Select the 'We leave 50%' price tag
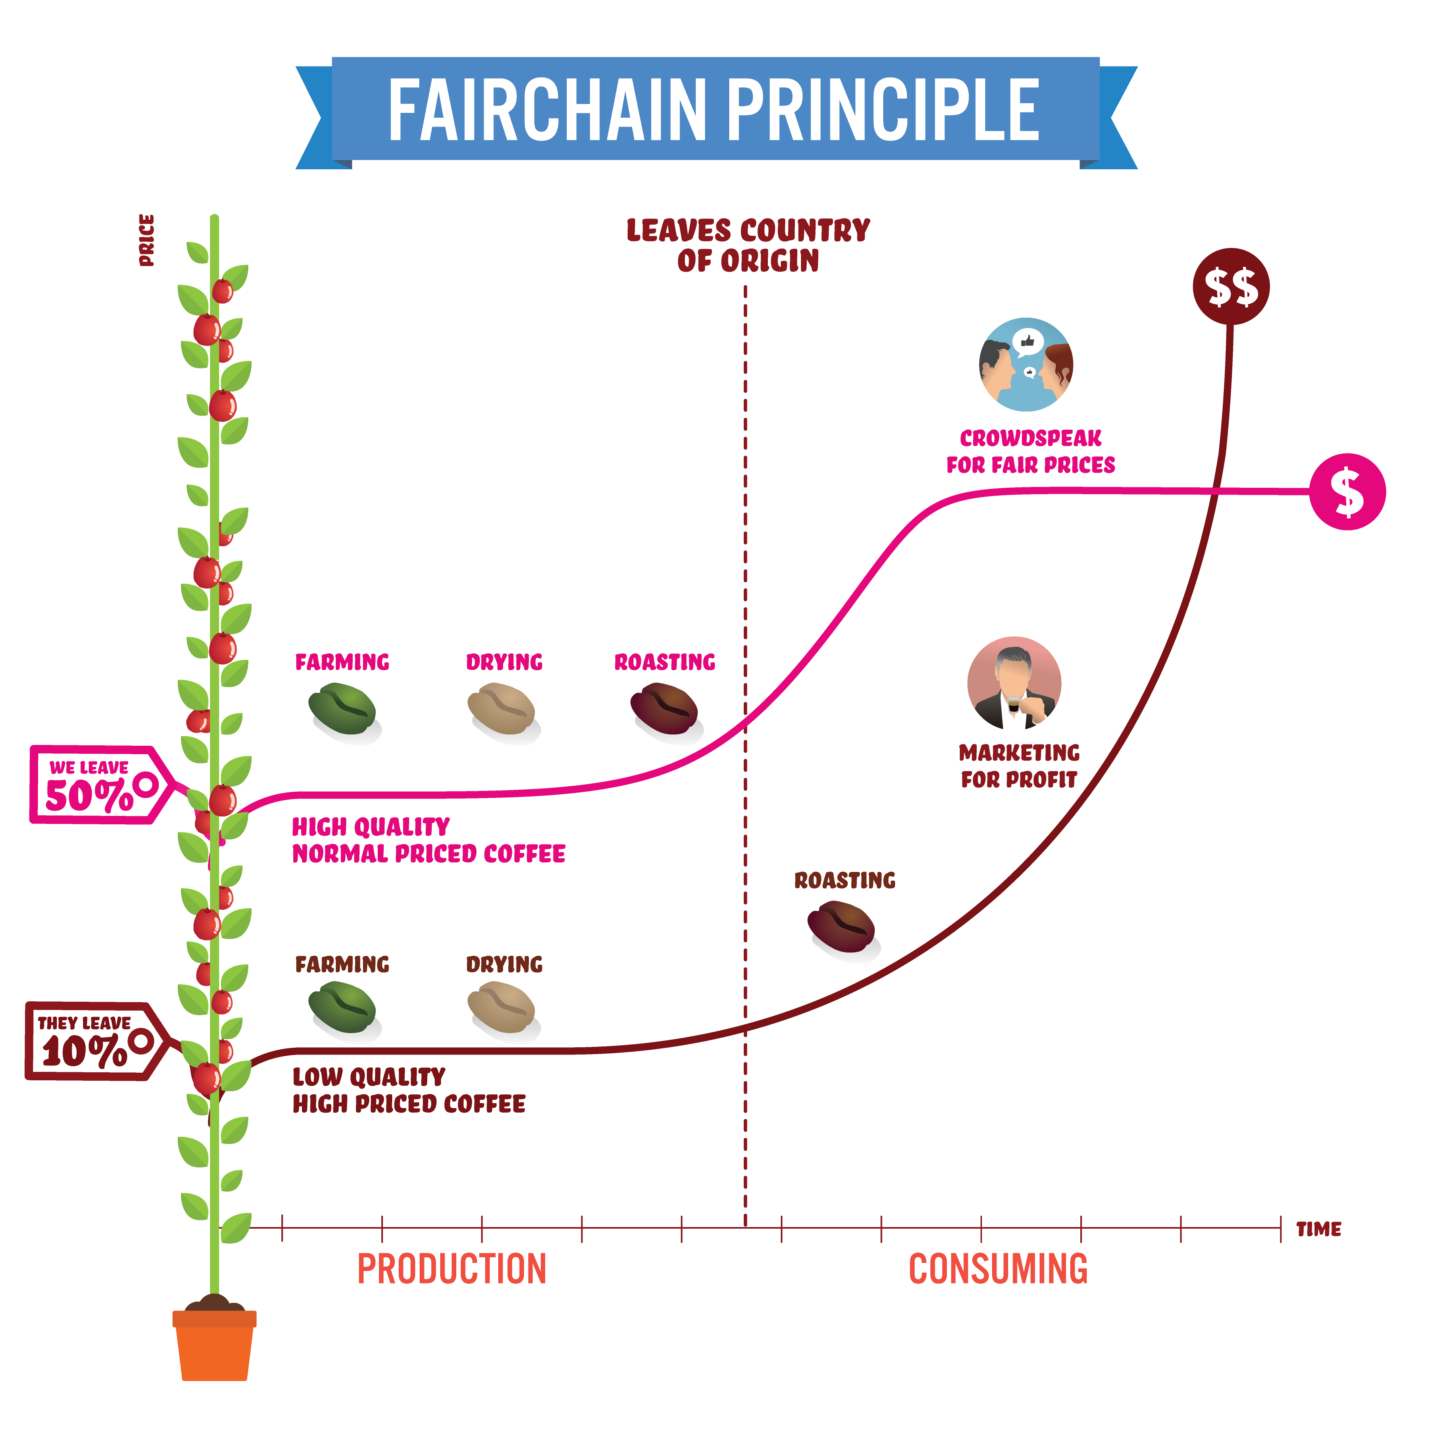click(x=102, y=785)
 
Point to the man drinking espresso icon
click(x=1014, y=683)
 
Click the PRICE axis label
click(x=146, y=240)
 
